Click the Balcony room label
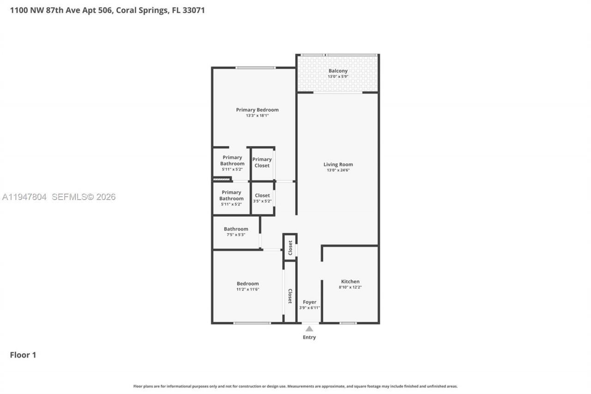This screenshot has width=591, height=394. pos(338,71)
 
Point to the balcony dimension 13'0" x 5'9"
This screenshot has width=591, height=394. pos(338,76)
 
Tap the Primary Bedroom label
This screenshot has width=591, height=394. pos(257,110)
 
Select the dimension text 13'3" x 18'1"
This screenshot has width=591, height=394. pos(257,115)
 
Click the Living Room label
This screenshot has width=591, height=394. pos(338,164)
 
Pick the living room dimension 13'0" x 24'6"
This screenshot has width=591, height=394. pos(338,170)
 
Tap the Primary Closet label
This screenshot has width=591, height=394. pos(262,163)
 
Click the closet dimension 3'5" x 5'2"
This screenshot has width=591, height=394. pos(262,201)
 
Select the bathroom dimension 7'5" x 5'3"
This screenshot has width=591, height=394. pos(236,235)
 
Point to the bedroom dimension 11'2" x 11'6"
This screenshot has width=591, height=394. pos(248,289)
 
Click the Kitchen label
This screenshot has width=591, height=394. pos(350,281)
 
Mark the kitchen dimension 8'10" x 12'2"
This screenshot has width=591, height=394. pos(350,287)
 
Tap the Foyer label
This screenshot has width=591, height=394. pos(309,302)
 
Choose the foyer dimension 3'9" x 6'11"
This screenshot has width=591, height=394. pos(309,308)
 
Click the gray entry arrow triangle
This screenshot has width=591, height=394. pos(309,329)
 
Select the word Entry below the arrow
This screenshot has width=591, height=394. pos(309,337)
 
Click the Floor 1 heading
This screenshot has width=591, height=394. pos(23,355)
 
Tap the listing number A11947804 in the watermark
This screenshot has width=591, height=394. pos(24,197)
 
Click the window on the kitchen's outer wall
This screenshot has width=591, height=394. pos(348,323)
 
